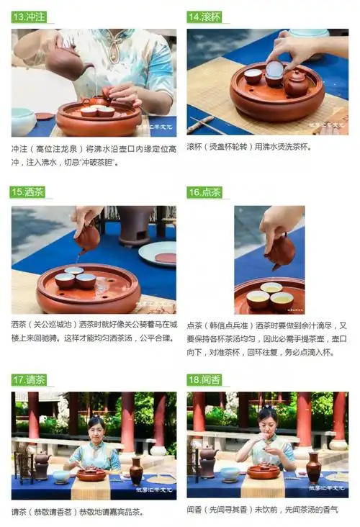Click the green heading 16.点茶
pos(204,192)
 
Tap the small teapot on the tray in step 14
pos(296,83)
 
